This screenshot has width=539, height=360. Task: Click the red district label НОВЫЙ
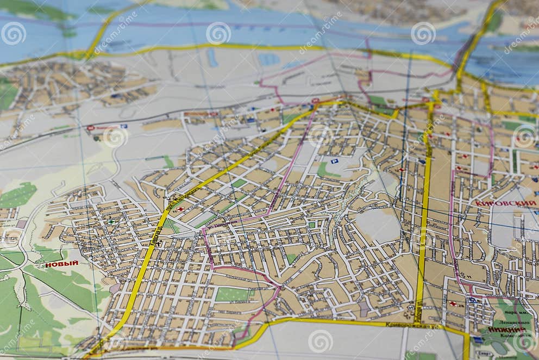(x=61, y=264)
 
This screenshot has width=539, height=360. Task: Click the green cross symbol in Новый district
(x=111, y=222)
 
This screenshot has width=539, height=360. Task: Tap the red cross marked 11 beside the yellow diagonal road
(x=180, y=209)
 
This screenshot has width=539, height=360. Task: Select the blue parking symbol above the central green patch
(x=334, y=161)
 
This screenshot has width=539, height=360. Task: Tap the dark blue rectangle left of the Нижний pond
(x=478, y=339)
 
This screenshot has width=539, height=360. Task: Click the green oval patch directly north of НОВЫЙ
(x=17, y=195)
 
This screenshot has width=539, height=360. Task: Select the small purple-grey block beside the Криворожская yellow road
(x=363, y=309)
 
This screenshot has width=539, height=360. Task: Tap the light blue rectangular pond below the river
(x=268, y=59)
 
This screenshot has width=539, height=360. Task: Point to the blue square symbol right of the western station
(x=124, y=126)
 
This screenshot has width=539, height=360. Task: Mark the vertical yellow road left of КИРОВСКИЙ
(x=423, y=218)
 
